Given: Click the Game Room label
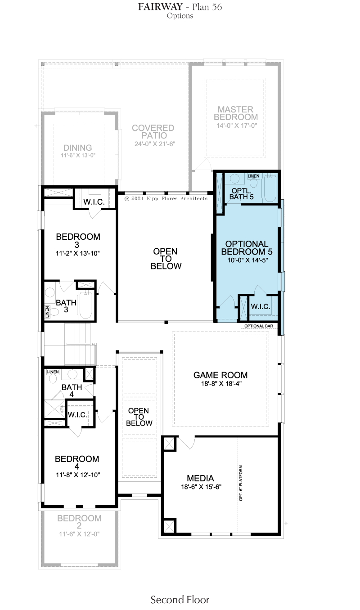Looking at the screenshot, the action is (x=220, y=375).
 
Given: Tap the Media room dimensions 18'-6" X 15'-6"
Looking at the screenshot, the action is (x=201, y=487).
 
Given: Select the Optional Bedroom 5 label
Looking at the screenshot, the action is (x=247, y=247).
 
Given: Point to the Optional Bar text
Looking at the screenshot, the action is (x=259, y=326).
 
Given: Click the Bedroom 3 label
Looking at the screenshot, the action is (x=78, y=241).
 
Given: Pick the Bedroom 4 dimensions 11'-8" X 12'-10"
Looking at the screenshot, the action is (x=78, y=475).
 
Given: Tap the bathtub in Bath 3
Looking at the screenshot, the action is (x=85, y=305).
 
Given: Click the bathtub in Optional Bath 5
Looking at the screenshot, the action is (x=270, y=188).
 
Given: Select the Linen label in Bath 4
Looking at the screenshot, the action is (x=53, y=372).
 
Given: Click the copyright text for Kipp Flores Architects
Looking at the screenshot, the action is (x=166, y=198).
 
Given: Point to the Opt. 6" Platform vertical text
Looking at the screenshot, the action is (x=241, y=483).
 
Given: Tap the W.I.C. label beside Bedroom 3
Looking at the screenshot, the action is (x=94, y=202).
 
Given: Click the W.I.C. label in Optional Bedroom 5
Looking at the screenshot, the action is (x=261, y=306).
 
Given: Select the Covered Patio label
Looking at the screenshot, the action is (x=153, y=131).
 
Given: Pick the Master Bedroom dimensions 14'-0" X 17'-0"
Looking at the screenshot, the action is (x=237, y=126).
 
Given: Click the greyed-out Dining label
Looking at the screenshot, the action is (x=77, y=148).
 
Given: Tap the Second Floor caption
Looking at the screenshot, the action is (x=180, y=599).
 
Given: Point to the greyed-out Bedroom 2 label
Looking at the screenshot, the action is (x=79, y=522).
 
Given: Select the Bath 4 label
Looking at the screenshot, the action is (x=72, y=390).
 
